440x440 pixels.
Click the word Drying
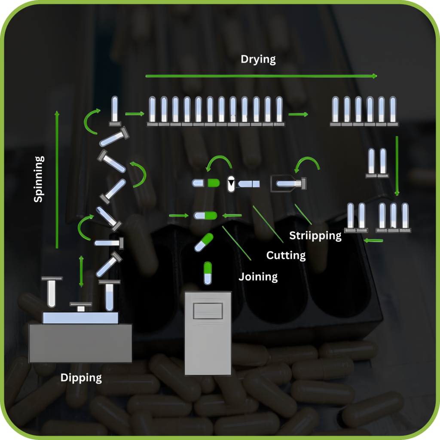[258, 59]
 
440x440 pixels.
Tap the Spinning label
[39, 179]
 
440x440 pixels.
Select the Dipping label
[81, 378]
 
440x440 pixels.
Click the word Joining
[258, 276]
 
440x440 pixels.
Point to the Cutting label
[286, 255]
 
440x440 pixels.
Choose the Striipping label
[315, 235]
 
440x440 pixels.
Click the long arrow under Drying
[261, 76]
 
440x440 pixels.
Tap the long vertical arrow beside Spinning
[57, 179]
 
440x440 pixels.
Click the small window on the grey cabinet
[208, 310]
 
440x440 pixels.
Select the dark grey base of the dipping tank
[80, 342]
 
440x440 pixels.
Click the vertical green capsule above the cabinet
[208, 273]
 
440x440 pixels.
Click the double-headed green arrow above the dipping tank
[81, 271]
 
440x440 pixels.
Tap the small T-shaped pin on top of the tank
[81, 307]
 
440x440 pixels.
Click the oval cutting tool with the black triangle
[231, 183]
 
